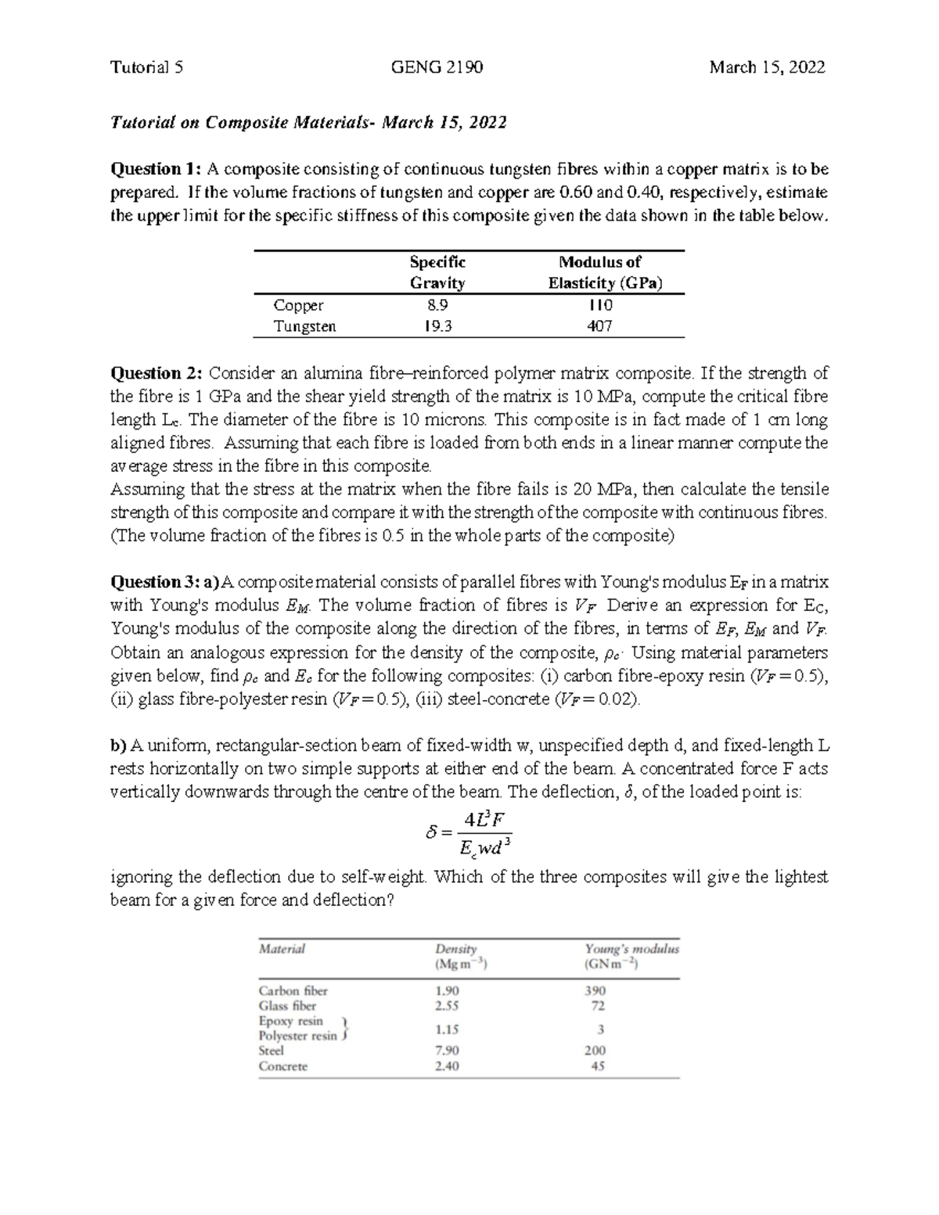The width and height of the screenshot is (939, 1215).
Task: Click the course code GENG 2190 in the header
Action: [437, 67]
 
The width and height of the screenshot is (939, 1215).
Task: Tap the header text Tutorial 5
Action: [147, 67]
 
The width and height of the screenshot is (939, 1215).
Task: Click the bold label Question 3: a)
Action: [167, 582]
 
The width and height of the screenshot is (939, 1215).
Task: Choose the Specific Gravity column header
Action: [437, 272]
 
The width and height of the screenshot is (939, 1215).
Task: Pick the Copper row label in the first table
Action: [298, 305]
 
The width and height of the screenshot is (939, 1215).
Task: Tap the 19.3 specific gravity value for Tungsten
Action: [437, 326]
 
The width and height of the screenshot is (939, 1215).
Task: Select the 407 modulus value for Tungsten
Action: [599, 326]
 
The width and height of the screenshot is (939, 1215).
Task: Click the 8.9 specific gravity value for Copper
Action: [437, 305]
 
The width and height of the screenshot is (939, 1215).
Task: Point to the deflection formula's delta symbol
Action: [430, 834]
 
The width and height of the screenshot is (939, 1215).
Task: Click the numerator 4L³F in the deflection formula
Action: [487, 820]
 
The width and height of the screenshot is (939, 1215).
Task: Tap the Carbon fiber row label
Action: [293, 990]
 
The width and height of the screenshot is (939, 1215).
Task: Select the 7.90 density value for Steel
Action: [447, 1051]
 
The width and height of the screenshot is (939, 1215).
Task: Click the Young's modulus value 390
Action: [595, 990]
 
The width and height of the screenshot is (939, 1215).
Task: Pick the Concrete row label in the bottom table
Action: [282, 1066]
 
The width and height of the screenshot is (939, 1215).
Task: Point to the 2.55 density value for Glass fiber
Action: [447, 1006]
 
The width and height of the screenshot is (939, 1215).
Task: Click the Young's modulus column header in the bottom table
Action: [631, 956]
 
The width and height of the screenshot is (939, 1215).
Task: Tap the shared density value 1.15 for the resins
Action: [447, 1030]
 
